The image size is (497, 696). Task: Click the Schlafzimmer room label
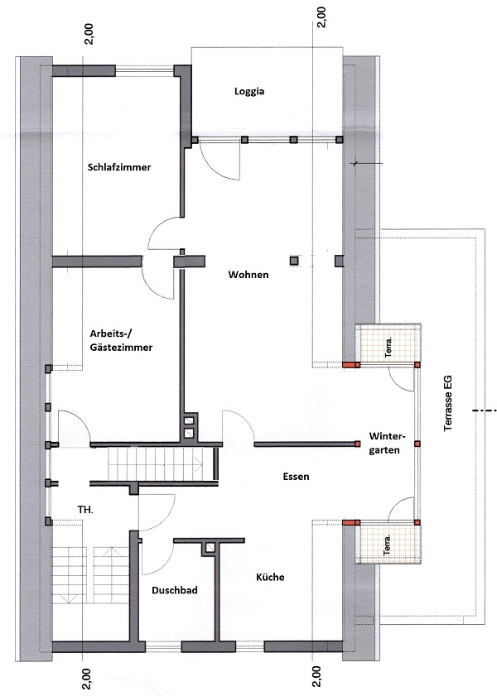[119, 167]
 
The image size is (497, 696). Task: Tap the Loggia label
[249, 91]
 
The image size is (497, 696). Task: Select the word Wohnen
[248, 275]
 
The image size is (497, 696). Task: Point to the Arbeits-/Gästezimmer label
[121, 340]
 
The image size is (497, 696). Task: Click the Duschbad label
[175, 590]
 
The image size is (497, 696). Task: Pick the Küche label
[270, 577]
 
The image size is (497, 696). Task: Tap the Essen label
[297, 477]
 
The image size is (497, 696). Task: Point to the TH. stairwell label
[85, 510]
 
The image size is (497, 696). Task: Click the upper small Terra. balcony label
[388, 348]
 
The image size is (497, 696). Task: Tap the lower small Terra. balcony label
[388, 545]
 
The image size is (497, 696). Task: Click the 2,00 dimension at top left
[89, 34]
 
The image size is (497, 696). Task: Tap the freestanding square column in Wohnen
[293, 261]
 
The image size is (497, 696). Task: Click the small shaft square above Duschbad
[210, 548]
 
